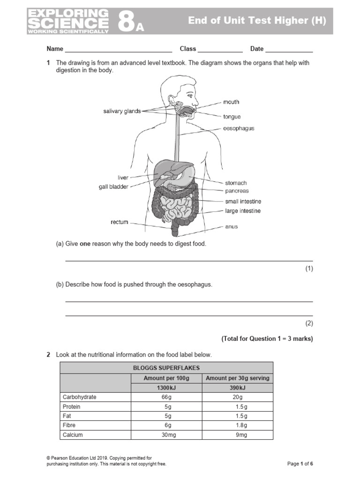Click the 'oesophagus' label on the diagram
pos(239,128)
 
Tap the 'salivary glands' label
pos(122,111)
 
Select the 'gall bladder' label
pos(113,187)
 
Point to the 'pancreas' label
pos(237,191)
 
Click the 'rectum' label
pos(119,222)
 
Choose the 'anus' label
pos(232,226)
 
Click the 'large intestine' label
pos(243,211)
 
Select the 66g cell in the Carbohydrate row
pos(166,397)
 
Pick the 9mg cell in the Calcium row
pos(237,435)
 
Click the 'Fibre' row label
pos(69,425)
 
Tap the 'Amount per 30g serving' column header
pos(237,378)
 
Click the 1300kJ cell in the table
pos(166,388)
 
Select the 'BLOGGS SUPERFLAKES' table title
pos(166,368)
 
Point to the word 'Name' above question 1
pos(54,49)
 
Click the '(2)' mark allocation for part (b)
pos(308,323)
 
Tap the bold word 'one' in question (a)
pos(85,244)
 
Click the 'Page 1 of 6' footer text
pos(300,464)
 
